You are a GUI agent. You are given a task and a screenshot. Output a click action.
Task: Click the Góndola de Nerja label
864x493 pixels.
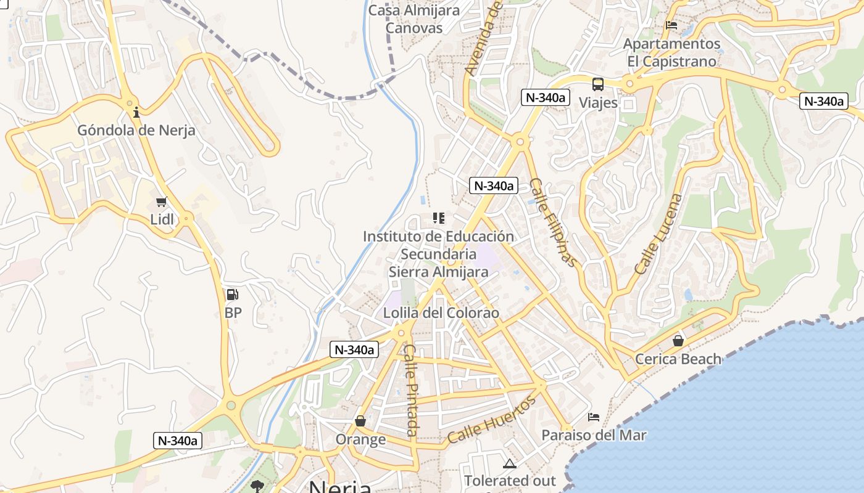pyautogui.click(x=136, y=131)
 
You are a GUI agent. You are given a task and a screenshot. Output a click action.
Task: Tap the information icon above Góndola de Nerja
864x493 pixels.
pyautogui.click(x=136, y=112)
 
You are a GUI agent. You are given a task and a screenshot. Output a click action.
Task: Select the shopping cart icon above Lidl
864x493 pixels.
pyautogui.click(x=162, y=202)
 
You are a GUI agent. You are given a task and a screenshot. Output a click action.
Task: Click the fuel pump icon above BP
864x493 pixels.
pyautogui.click(x=232, y=295)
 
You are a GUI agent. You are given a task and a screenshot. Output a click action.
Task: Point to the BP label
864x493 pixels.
pyautogui.click(x=233, y=313)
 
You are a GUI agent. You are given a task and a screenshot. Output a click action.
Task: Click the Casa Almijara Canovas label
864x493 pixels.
pyautogui.click(x=414, y=19)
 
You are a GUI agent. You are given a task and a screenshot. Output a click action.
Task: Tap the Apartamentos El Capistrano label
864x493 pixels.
pyautogui.click(x=671, y=52)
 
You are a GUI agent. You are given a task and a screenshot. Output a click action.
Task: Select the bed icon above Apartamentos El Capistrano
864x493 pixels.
pyautogui.click(x=671, y=26)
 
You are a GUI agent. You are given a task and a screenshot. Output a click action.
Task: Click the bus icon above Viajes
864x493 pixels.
pyautogui.click(x=597, y=84)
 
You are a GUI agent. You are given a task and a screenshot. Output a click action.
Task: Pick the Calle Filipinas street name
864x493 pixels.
pyautogui.click(x=554, y=222)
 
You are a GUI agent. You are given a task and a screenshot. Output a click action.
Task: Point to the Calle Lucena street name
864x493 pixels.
pyautogui.click(x=659, y=234)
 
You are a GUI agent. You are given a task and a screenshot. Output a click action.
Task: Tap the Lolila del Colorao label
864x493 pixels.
pyautogui.click(x=441, y=313)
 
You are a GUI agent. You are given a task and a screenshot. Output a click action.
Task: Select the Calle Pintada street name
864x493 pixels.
pyautogui.click(x=411, y=389)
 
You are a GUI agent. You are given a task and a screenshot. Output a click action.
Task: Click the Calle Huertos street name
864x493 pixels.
pyautogui.click(x=491, y=421)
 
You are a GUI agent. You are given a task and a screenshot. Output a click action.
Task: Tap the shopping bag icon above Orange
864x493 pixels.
pyautogui.click(x=360, y=421)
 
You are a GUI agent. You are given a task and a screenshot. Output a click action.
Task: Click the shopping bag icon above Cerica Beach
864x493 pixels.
pyautogui.click(x=678, y=341)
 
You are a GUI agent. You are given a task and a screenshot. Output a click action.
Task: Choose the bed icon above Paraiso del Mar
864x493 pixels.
pyautogui.click(x=594, y=417)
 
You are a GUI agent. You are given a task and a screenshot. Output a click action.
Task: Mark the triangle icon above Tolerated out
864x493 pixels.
pyautogui.click(x=509, y=463)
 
